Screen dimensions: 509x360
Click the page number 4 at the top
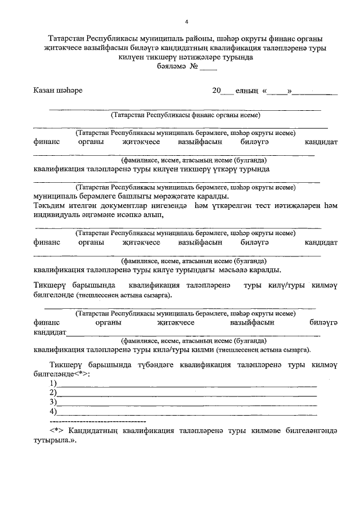[x=186, y=22]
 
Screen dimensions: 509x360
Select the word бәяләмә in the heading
[x=171, y=66]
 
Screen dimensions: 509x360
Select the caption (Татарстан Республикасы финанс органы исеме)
[x=186, y=115]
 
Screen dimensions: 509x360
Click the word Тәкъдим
[x=50, y=205]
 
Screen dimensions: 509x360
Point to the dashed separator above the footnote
[x=98, y=420]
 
